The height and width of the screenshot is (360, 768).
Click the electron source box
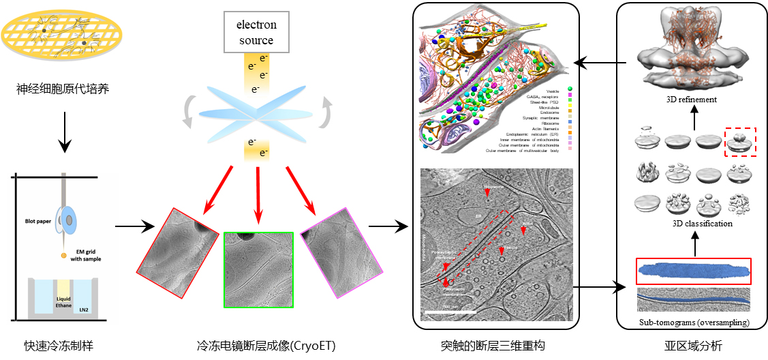tap(256, 32)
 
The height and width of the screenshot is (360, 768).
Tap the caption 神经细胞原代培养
tap(63, 89)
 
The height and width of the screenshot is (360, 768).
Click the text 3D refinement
tap(692, 100)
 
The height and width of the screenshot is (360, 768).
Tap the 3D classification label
tap(693, 224)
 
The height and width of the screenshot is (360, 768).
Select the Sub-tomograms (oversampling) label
tap(693, 322)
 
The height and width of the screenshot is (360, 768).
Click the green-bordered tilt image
tap(258, 269)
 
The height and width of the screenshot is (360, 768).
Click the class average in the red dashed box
tap(739, 140)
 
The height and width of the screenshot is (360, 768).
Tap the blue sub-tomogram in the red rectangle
tap(694, 271)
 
